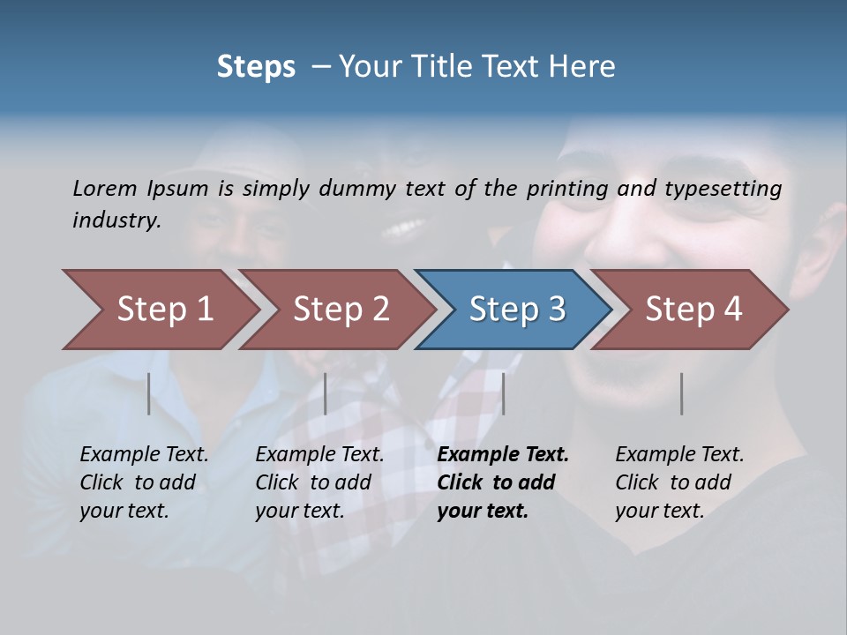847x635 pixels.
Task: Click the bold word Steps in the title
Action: [256, 67]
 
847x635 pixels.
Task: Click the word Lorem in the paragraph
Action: [105, 189]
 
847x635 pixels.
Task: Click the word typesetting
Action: [723, 189]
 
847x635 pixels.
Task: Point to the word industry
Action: [116, 220]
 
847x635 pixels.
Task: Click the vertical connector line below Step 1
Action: [149, 393]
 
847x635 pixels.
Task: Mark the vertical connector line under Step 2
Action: [326, 393]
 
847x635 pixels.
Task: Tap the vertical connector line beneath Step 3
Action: [503, 393]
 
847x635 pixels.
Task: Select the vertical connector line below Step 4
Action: [681, 393]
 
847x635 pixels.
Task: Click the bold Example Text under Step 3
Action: [503, 455]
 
